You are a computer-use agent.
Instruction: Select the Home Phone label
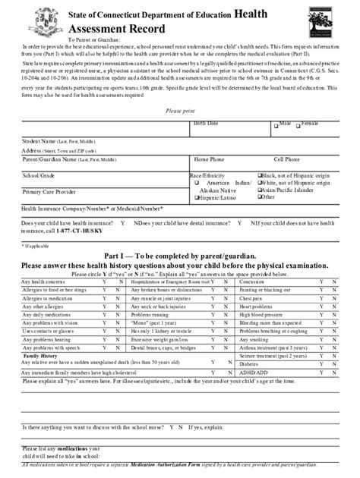point(210,160)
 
